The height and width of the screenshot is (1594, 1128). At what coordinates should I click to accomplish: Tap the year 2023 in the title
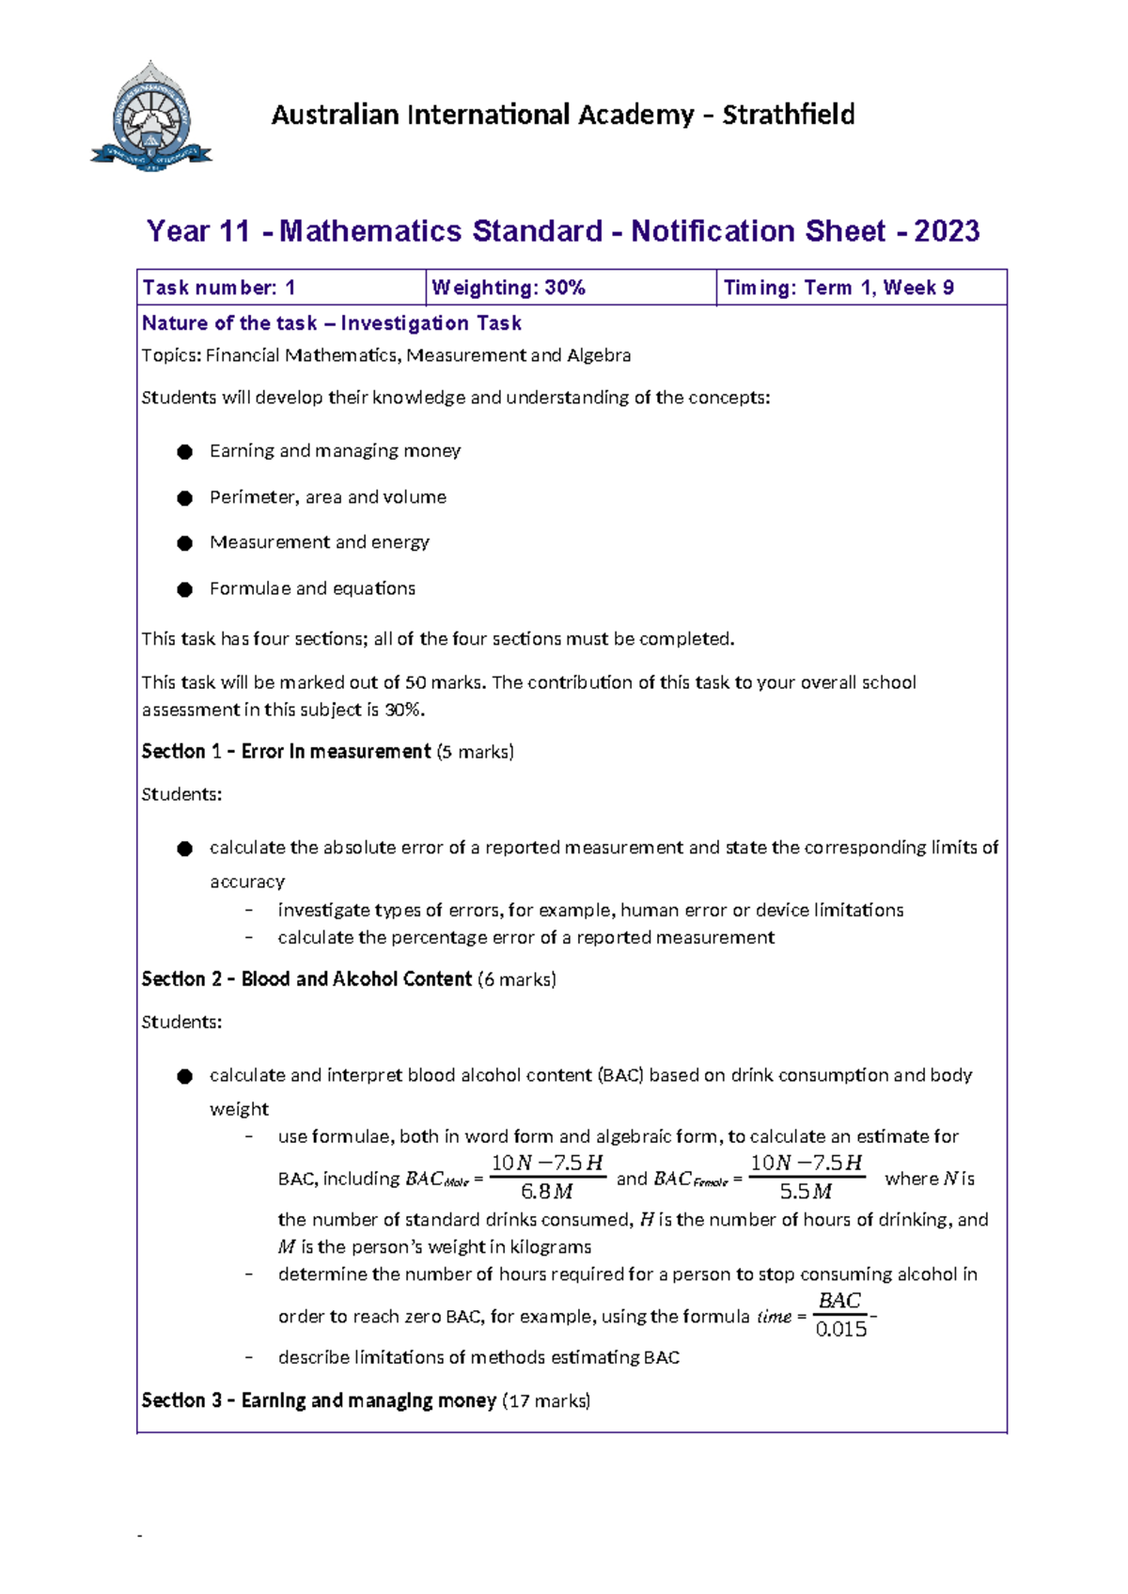[946, 231]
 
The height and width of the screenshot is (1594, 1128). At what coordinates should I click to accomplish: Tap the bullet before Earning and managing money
[185, 452]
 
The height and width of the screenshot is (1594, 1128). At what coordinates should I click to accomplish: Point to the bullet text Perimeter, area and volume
[327, 497]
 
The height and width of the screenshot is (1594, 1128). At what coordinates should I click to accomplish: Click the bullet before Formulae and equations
[185, 589]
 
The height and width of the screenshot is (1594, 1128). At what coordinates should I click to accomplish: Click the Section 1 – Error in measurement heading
[286, 752]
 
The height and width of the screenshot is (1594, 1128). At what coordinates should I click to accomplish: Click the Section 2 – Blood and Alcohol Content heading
[306, 979]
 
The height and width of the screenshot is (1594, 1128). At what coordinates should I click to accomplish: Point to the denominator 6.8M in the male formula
[546, 1192]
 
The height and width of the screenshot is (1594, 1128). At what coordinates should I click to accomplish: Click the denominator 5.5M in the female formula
[806, 1192]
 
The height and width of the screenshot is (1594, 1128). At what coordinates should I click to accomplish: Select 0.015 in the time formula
[840, 1329]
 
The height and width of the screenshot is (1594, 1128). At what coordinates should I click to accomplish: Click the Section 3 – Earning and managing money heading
[319, 1400]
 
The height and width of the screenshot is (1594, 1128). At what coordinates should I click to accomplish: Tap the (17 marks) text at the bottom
[546, 1400]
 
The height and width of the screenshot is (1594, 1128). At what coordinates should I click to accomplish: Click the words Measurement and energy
[319, 542]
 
